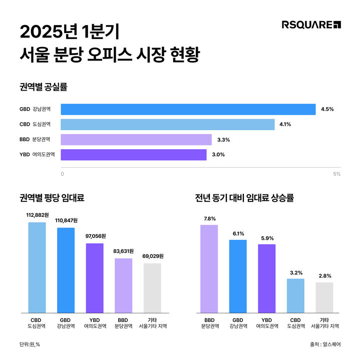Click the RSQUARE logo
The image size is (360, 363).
pos(311,25)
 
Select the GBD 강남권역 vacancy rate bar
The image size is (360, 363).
pos(188,109)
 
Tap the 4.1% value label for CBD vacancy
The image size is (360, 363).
pos(285,124)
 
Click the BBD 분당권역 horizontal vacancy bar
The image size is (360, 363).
pos(136,139)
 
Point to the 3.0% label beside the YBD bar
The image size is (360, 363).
pos(218,155)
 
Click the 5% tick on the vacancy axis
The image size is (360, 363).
pos(336,174)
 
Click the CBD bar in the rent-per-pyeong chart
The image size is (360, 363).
pos(37,267)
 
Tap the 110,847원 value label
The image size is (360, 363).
pos(66,220)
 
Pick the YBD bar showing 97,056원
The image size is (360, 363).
pos(95,278)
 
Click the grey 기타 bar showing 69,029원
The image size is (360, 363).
pos(152,288)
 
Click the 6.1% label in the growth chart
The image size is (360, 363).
pos(238,233)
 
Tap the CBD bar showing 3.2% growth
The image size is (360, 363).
pos(295,295)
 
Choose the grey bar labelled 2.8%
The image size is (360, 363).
pos(324,297)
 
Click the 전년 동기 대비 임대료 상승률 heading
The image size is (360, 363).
pos(244,198)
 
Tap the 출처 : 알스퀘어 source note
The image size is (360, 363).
pos(324,344)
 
